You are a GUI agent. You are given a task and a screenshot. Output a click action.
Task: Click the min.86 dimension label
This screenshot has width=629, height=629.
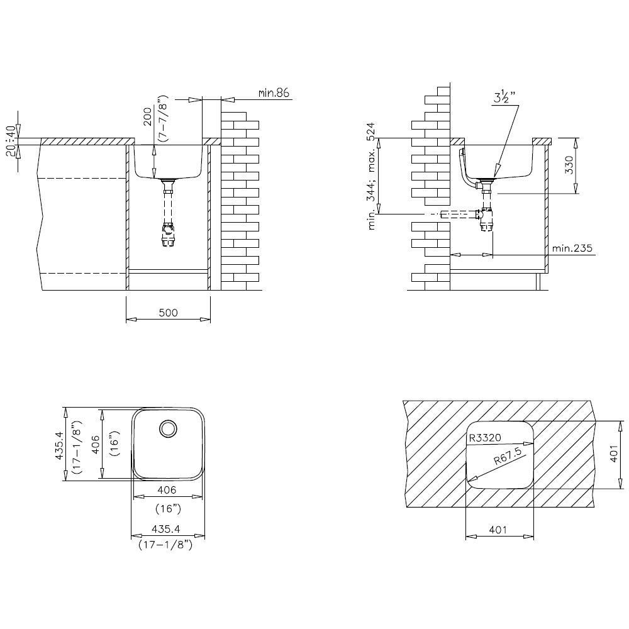pos(273,93)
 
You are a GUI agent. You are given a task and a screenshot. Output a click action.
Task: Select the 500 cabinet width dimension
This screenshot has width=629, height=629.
pos(169,313)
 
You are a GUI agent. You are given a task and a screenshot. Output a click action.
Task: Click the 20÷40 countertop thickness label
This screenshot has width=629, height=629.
pos(9,142)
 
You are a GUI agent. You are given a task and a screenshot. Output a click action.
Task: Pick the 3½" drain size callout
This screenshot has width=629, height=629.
pos(504,97)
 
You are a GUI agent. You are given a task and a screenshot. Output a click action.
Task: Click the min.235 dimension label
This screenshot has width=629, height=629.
pos(572,248)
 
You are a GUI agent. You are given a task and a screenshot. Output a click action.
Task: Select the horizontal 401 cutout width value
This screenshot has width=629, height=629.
pos(499,530)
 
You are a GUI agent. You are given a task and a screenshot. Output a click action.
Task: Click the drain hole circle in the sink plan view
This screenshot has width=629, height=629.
pos(168,429)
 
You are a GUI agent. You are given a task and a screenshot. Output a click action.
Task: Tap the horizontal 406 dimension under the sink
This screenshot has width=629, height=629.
pos(168,490)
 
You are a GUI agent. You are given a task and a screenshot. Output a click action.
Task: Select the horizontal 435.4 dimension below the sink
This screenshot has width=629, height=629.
pos(167,530)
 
